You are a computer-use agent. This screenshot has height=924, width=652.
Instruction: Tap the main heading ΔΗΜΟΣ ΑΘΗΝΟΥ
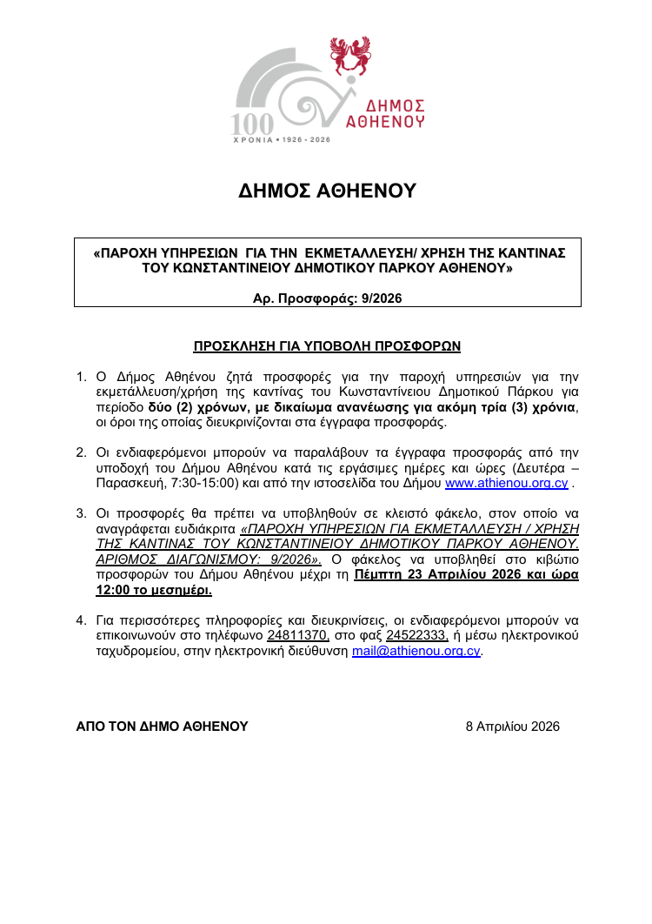328,191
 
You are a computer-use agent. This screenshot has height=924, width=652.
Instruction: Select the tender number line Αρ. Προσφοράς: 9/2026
327,298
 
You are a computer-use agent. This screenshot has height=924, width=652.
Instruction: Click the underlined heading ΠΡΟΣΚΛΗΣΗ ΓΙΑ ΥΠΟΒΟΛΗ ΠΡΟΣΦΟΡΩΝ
327,346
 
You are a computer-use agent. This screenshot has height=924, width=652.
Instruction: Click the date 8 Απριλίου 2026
513,726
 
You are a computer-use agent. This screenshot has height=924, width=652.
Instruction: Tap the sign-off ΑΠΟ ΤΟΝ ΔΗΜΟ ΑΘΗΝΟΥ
162,726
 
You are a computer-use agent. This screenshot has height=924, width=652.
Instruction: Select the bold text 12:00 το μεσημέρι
154,591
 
